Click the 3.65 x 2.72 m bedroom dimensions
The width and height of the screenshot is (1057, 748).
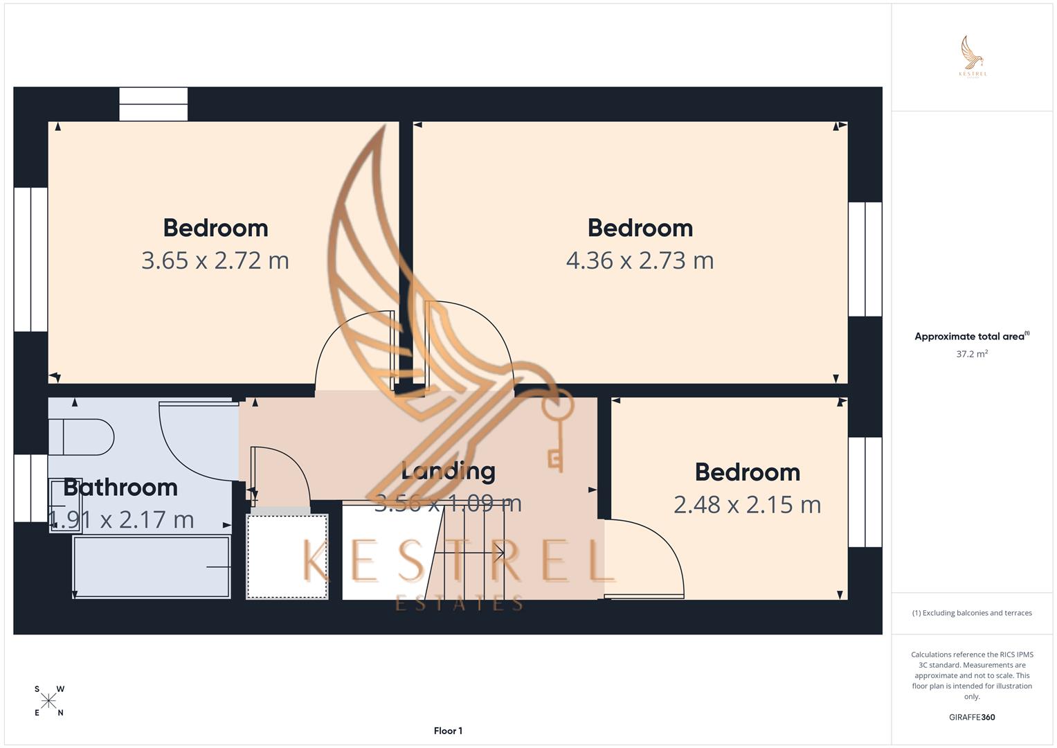pyautogui.click(x=215, y=260)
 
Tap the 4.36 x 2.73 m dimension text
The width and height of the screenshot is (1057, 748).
pyautogui.click(x=640, y=260)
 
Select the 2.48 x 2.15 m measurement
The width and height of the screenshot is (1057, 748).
pyautogui.click(x=747, y=505)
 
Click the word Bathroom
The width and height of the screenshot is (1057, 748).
pyautogui.click(x=120, y=488)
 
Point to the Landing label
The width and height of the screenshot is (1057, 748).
pyautogui.click(x=449, y=472)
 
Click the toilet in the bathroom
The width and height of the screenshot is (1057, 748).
pyautogui.click(x=82, y=437)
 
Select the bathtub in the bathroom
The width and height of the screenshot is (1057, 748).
pyautogui.click(x=152, y=567)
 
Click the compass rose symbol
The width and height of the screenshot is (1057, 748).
pyautogui.click(x=49, y=701)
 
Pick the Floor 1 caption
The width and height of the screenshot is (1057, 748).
pyautogui.click(x=448, y=731)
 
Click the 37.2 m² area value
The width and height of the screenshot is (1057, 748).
pyautogui.click(x=972, y=354)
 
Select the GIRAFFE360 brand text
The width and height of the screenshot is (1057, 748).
pyautogui.click(x=972, y=718)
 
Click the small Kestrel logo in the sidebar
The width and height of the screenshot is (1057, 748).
pyautogui.click(x=973, y=57)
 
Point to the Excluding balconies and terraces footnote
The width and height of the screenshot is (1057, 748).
pyautogui.click(x=972, y=613)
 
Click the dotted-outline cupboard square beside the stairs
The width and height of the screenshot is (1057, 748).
pyautogui.click(x=287, y=556)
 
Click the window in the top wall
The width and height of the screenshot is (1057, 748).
pyautogui.click(x=153, y=104)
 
